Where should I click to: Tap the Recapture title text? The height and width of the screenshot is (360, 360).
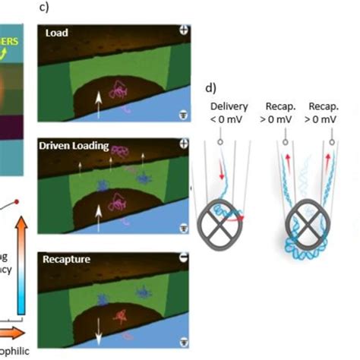[x=68, y=260]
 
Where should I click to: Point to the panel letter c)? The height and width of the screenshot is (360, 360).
[x=44, y=7]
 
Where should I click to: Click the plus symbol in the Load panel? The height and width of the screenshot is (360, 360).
[x=183, y=31]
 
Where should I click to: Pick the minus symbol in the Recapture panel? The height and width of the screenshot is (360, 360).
[x=183, y=258]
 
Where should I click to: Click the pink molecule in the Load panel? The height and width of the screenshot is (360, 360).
[x=120, y=90]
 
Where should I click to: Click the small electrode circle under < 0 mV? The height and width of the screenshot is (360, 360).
[x=219, y=140]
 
